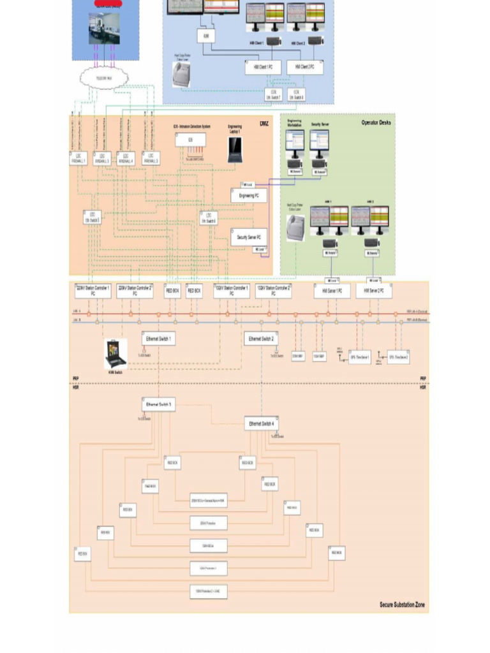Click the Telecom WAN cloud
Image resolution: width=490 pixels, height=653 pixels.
[x=104, y=77]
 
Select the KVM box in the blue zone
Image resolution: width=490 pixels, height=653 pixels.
[x=206, y=36]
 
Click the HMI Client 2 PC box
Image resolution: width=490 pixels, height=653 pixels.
[x=305, y=67]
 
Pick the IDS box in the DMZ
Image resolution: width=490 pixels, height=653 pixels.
[x=189, y=140]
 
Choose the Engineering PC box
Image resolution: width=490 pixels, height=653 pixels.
[x=248, y=196]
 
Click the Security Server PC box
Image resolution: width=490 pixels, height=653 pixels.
[x=248, y=237]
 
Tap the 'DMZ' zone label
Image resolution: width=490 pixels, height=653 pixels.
[x=264, y=124]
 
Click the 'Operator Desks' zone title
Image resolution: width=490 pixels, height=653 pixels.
[x=376, y=122]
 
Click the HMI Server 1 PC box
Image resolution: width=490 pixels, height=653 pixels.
[x=332, y=291]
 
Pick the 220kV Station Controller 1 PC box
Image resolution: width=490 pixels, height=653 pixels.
[x=93, y=291]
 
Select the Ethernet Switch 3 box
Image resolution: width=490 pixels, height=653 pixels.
[x=158, y=404]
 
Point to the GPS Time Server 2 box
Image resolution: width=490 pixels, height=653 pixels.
[x=398, y=358]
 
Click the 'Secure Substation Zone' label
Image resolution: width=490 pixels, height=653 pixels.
[x=402, y=605]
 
